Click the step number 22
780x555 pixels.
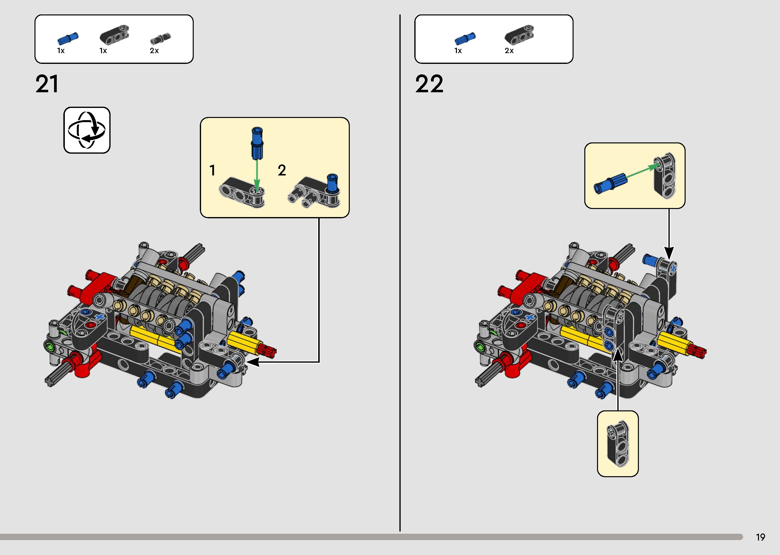click(x=429, y=84)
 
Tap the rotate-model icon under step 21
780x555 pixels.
click(x=87, y=130)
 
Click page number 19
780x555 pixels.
click(x=760, y=537)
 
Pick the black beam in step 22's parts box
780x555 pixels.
click(x=519, y=35)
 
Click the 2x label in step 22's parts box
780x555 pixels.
click(x=509, y=51)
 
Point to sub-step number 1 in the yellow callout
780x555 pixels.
click(x=212, y=170)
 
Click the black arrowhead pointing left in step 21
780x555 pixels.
click(x=253, y=362)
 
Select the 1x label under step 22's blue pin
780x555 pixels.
click(x=458, y=51)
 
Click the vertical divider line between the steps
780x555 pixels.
click(x=400, y=273)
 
